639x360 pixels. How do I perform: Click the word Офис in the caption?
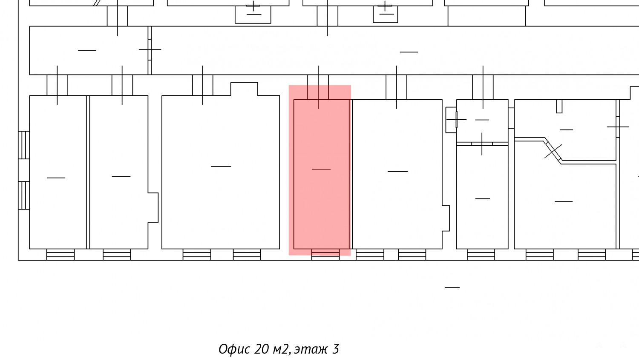(x=234, y=349)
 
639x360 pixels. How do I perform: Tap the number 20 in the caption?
(x=261, y=349)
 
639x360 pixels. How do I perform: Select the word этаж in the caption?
(x=311, y=349)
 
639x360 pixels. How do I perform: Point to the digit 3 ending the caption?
(x=336, y=349)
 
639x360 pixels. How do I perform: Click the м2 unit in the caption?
(x=282, y=349)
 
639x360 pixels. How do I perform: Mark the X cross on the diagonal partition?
(x=553, y=151)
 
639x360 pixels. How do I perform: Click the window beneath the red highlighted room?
(x=325, y=254)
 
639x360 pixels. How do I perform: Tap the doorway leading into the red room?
(x=318, y=87)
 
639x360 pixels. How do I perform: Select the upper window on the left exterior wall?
(x=24, y=145)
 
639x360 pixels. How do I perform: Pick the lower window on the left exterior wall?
(x=24, y=196)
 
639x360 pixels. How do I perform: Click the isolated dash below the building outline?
(x=452, y=288)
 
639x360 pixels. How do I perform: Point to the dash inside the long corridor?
(x=409, y=52)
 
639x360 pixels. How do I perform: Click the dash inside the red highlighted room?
(x=321, y=169)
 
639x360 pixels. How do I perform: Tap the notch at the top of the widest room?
(x=244, y=89)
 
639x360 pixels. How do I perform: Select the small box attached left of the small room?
(x=451, y=120)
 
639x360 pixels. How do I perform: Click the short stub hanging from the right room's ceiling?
(x=559, y=106)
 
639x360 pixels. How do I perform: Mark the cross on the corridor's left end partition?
(x=150, y=50)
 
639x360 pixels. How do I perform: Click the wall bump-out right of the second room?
(x=153, y=207)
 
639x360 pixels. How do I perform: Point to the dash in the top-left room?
(x=87, y=50)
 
